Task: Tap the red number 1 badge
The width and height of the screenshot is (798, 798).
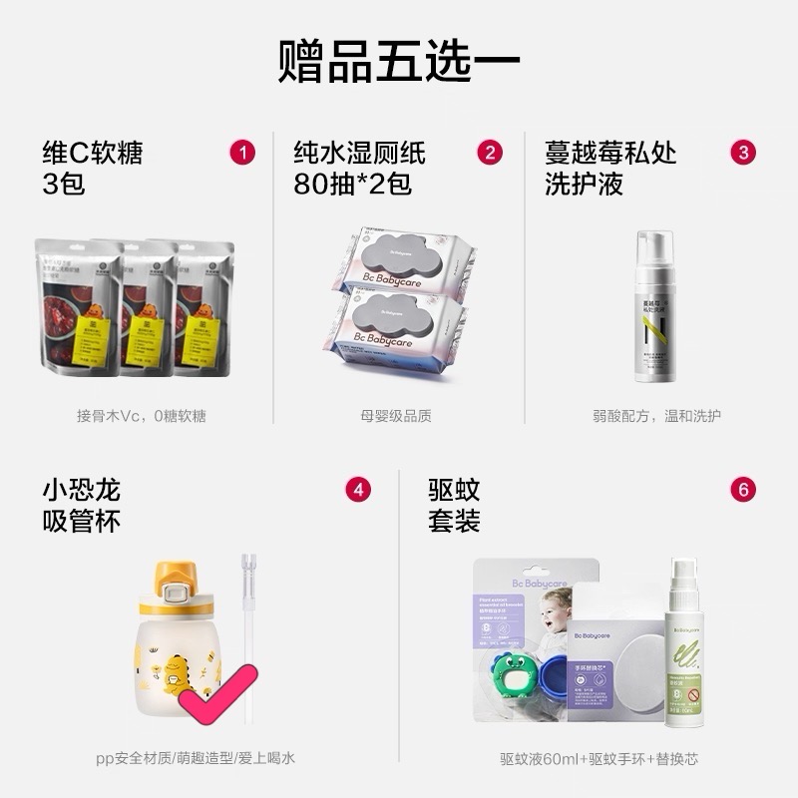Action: tap(242, 153)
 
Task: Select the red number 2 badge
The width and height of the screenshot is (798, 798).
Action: tap(489, 153)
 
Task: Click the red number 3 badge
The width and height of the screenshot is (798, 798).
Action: tap(743, 153)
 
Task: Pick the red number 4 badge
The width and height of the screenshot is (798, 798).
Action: tap(358, 490)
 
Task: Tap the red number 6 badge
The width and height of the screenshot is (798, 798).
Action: tap(743, 490)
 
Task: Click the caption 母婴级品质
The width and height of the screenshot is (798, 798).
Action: tap(396, 416)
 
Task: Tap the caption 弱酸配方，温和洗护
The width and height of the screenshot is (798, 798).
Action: tap(655, 416)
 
